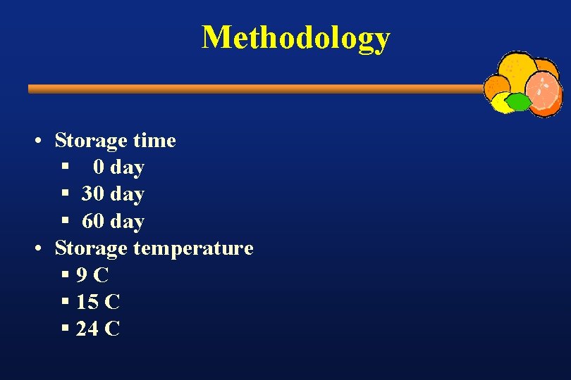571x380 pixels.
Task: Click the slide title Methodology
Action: click(x=295, y=37)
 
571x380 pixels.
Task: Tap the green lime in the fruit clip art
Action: click(x=520, y=103)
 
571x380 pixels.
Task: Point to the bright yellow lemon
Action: click(x=501, y=105)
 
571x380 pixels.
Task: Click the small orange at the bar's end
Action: click(x=496, y=88)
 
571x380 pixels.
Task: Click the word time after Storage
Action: click(x=154, y=141)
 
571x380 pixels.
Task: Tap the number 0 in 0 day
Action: click(x=99, y=167)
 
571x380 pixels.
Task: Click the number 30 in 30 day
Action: click(x=93, y=194)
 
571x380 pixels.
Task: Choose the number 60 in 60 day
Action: click(x=93, y=222)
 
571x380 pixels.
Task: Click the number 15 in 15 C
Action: click(x=87, y=303)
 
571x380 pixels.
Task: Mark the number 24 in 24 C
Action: click(x=87, y=329)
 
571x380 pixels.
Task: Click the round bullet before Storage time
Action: click(x=43, y=141)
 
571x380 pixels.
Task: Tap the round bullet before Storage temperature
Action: click(x=43, y=249)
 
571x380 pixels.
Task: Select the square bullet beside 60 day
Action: click(x=65, y=221)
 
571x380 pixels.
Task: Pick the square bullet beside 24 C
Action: click(x=65, y=329)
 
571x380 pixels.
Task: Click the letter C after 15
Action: click(x=112, y=303)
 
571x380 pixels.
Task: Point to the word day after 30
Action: click(x=128, y=194)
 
